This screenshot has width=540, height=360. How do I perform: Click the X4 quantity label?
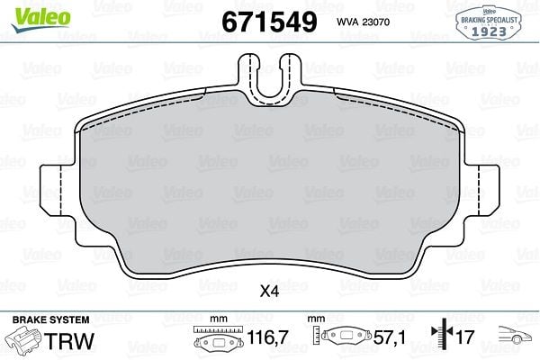pos(269,292)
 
